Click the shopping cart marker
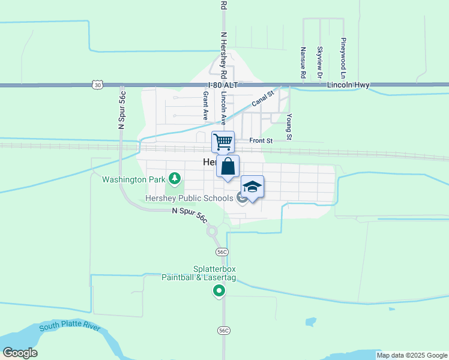click(x=223, y=142)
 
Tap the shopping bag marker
click(x=228, y=166)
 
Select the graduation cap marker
click(x=253, y=187)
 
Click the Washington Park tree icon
click(x=174, y=178)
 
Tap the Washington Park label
click(x=133, y=179)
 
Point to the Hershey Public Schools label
click(x=189, y=198)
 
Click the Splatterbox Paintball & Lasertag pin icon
click(x=219, y=292)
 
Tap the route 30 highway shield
click(x=97, y=85)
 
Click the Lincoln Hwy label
click(x=348, y=86)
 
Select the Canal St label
click(x=262, y=98)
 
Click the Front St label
click(x=261, y=140)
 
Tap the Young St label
click(x=289, y=127)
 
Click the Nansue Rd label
click(x=304, y=63)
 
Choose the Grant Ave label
click(x=205, y=103)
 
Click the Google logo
click(x=20, y=353)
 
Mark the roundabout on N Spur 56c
click(x=211, y=230)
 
